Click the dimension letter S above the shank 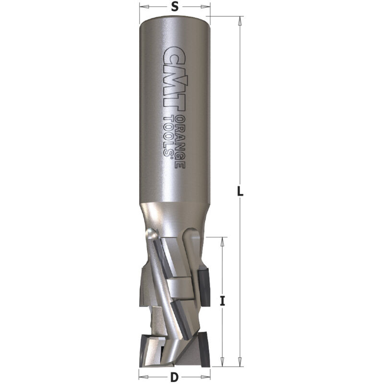[x=174, y=7]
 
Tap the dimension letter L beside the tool [x=240, y=191]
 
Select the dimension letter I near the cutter [x=222, y=301]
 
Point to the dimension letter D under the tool [x=174, y=377]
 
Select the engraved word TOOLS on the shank [x=168, y=135]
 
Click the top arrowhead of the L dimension [x=240, y=21]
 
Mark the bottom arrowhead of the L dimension [x=240, y=362]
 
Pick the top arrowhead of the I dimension [x=222, y=242]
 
